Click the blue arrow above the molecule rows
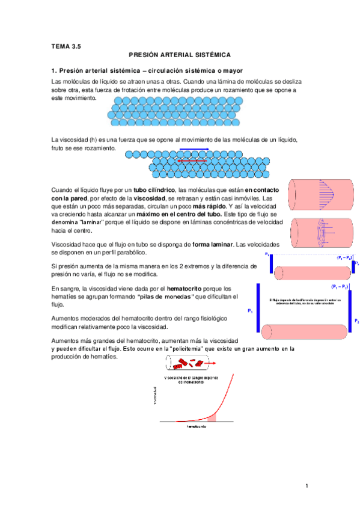pos(194,149)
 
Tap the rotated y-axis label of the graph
pos(156,399)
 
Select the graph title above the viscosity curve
pos(192,379)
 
